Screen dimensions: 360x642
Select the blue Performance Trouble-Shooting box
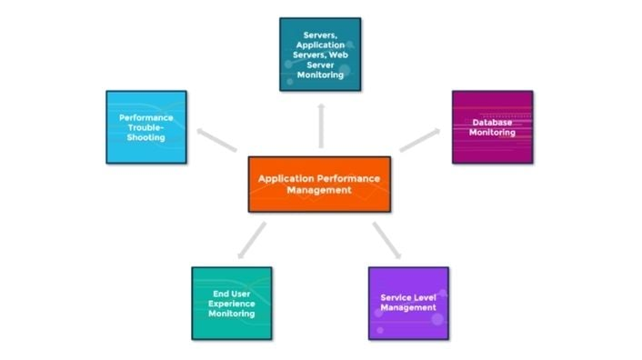click(145, 126)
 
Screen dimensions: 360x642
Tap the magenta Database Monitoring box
click(492, 126)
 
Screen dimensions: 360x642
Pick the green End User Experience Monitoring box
click(231, 303)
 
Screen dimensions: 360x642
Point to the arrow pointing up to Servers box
click(319, 125)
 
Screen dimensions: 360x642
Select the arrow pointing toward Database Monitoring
click(419, 139)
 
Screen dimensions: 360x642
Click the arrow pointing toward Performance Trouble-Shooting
click(216, 140)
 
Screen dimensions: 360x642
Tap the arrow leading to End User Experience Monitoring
click(252, 239)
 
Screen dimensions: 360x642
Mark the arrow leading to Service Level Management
click(386, 240)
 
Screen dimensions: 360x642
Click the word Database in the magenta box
click(492, 122)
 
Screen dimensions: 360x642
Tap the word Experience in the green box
click(231, 304)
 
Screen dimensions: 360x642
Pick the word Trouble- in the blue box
click(145, 126)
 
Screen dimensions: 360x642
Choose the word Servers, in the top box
click(319, 35)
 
